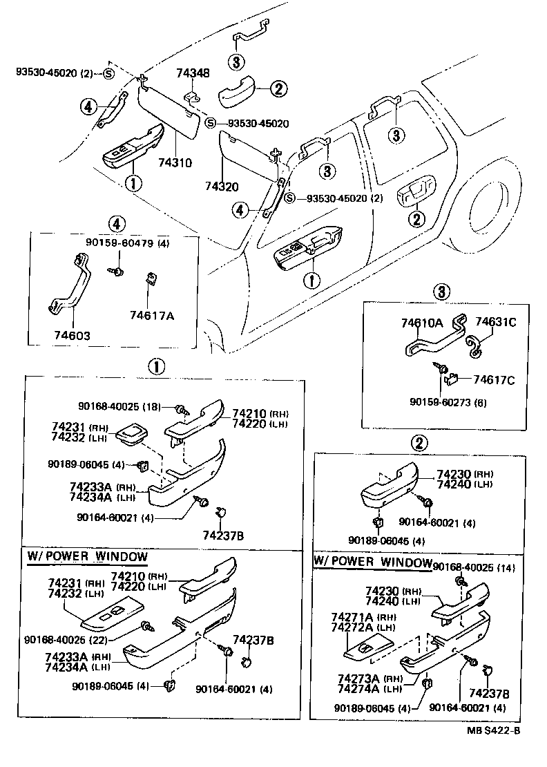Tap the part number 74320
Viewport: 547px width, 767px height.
pos(221,187)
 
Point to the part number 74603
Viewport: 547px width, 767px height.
pos(72,335)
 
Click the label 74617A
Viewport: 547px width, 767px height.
pos(152,315)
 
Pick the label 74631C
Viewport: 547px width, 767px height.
pos(495,323)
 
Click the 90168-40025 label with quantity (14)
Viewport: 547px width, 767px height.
pos(466,567)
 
